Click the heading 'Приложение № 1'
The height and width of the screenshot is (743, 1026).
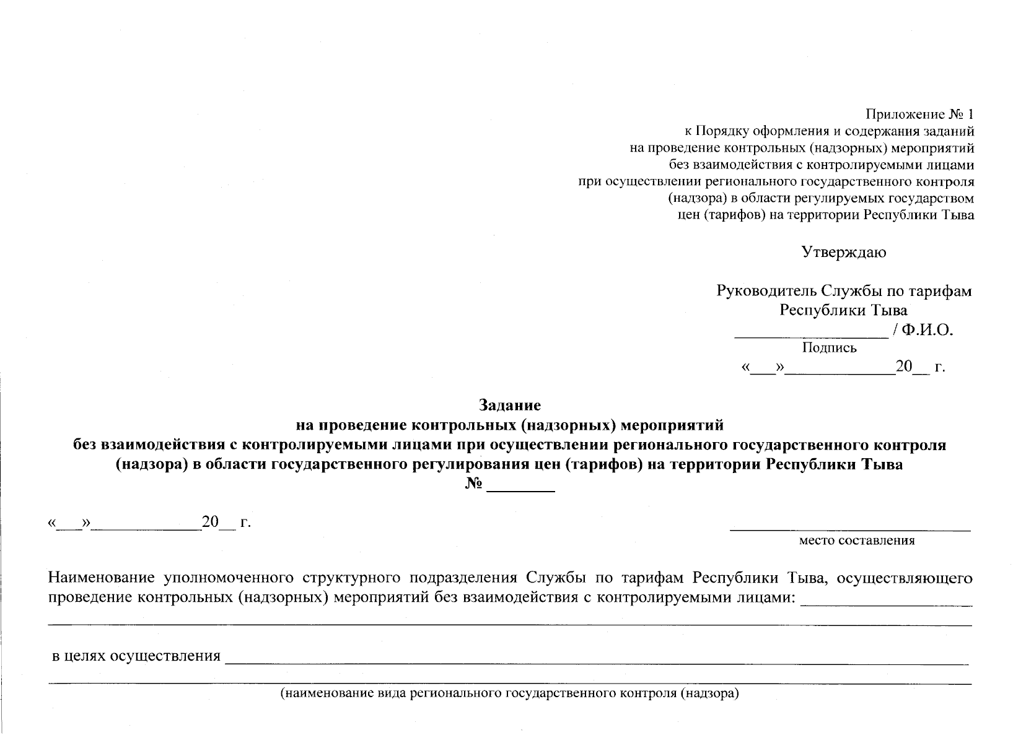click(919, 115)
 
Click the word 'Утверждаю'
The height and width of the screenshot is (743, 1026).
click(843, 252)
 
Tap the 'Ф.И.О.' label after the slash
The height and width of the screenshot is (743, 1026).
click(927, 330)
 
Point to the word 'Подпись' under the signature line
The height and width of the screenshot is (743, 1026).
click(829, 348)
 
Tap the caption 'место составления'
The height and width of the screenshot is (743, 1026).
click(857, 541)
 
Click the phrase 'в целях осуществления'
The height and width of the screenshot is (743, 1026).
click(136, 656)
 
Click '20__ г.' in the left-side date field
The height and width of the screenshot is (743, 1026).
click(226, 523)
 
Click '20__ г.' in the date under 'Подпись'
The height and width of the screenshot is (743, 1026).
click(920, 367)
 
